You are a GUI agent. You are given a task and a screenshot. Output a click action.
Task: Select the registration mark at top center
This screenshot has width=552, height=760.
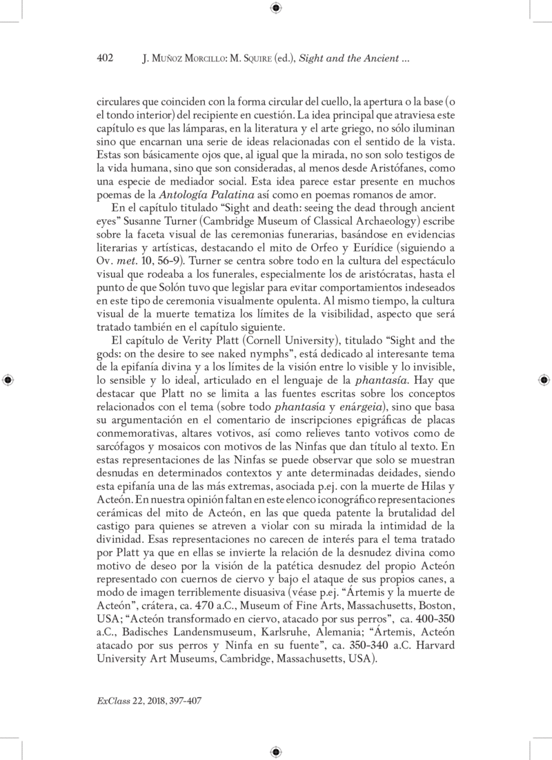(x=276, y=8)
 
